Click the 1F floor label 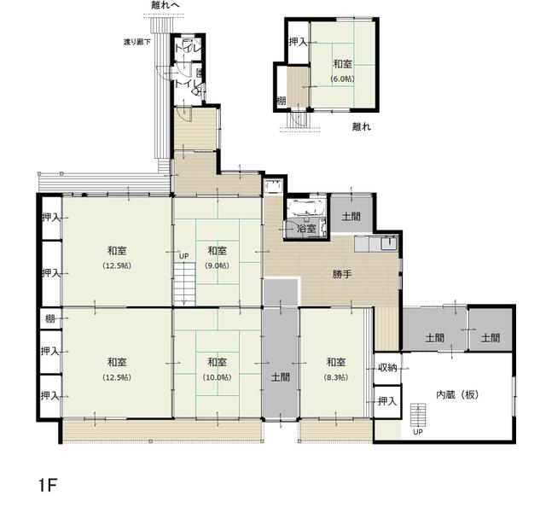coord(47,487)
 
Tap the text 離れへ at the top coord(164,6)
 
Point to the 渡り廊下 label coord(136,42)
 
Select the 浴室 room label coord(305,229)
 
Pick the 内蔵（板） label coord(456,395)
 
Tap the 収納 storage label coord(386,369)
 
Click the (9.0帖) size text coord(217,265)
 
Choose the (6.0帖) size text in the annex coord(342,79)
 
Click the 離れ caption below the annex coord(362,127)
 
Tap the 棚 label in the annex coord(281,102)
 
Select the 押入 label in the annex coord(297,42)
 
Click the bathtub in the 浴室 coord(305,208)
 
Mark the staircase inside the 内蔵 coord(418,417)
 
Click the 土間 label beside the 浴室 coord(351,218)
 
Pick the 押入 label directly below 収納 coord(386,401)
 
